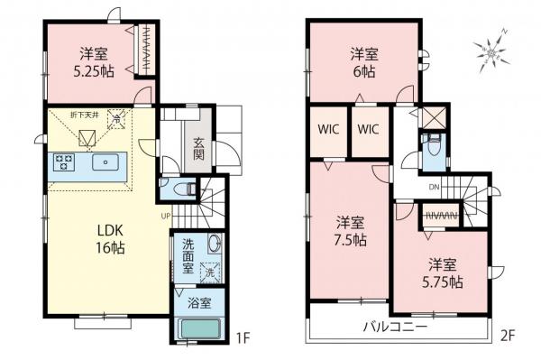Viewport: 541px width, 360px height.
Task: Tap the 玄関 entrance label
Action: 197,149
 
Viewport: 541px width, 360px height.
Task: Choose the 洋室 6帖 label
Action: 363,63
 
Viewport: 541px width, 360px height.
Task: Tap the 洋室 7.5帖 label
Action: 350,230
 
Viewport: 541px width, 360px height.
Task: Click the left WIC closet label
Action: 327,130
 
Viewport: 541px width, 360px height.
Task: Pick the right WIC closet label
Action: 369,130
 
